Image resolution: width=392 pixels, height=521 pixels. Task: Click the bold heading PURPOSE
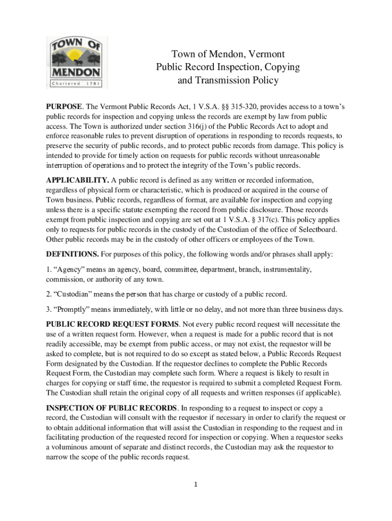(64, 106)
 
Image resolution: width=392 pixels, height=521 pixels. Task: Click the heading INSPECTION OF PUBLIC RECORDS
(111, 408)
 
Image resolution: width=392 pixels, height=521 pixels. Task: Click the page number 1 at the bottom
(195, 484)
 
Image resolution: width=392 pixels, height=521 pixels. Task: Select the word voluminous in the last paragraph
(76, 447)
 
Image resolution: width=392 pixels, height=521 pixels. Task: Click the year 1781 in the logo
(93, 83)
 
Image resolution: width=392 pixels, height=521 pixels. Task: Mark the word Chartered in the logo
(65, 83)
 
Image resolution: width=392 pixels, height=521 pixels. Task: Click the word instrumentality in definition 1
(282, 269)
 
